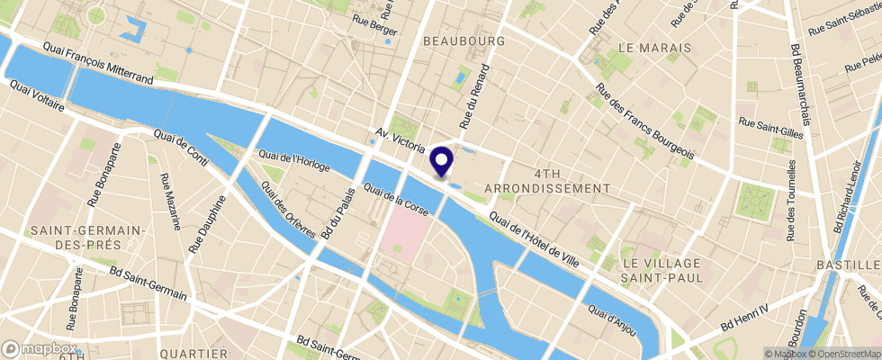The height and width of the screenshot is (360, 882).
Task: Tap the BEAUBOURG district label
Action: point(459,41)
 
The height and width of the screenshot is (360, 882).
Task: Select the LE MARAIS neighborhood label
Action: point(654,47)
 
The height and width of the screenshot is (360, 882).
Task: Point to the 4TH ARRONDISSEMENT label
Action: point(548,180)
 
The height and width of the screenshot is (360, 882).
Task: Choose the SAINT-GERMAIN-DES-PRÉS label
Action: point(89,237)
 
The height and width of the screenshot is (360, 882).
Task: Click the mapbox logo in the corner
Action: point(40,348)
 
